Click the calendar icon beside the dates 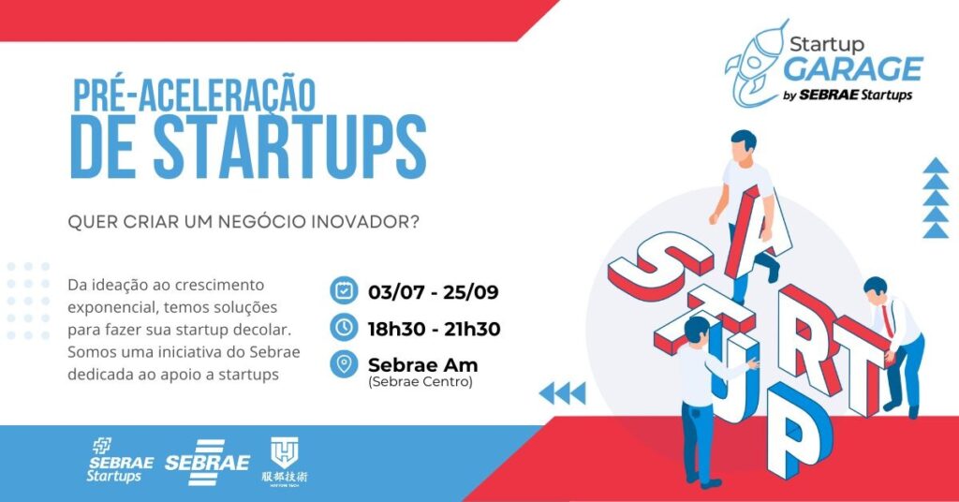point(344,290)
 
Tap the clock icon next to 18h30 point(344,328)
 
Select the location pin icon point(344,364)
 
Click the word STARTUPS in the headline point(290,148)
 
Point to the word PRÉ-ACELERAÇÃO point(194,95)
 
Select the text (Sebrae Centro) point(420,382)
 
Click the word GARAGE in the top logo point(852,69)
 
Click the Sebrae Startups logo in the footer point(120,461)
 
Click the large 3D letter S point(659,269)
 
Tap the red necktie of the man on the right point(886,321)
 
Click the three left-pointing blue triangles point(562,393)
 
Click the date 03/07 point(396,291)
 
